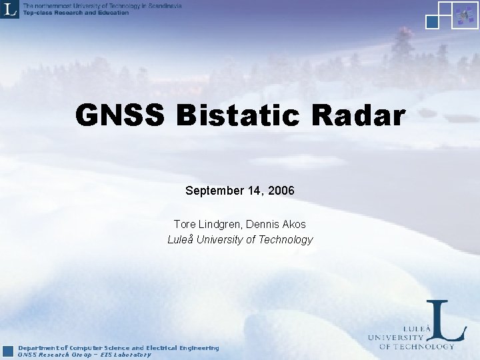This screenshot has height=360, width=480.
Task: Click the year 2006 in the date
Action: (x=282, y=191)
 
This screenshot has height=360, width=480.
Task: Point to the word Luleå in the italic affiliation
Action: (x=181, y=239)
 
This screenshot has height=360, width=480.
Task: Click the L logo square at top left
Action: (x=10, y=9)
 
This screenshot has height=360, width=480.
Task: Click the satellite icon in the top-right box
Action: (x=462, y=16)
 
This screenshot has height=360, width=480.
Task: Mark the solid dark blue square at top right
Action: (x=432, y=21)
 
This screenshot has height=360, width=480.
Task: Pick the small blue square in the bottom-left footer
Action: (x=8, y=351)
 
